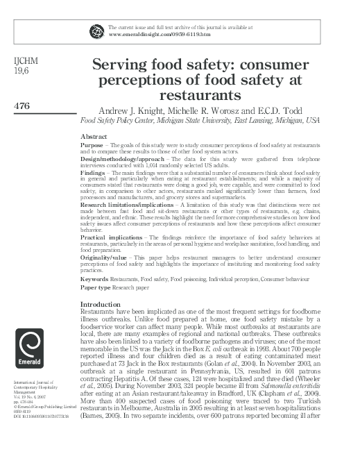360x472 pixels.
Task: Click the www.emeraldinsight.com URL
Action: (x=144, y=34)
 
